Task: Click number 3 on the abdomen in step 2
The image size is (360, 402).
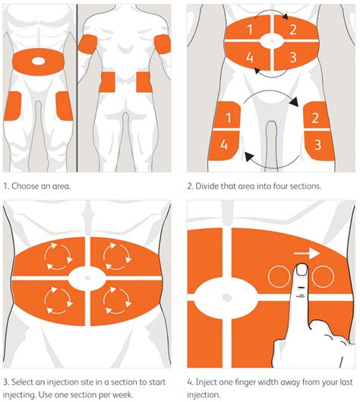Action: coord(291,55)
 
